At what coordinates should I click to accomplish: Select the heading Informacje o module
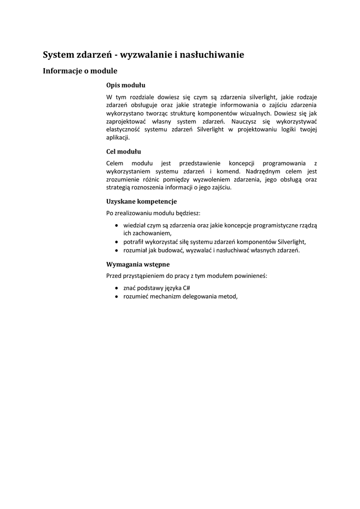80,71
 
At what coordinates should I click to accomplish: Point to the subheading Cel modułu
124,151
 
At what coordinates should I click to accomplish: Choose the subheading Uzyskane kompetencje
141,201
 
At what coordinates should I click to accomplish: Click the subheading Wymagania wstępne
138,264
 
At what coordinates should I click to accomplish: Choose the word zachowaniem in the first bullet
147,233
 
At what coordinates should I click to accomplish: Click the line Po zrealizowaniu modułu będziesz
153,213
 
